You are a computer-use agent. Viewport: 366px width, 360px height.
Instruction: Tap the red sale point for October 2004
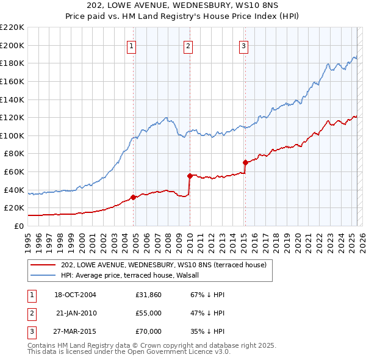pyautogui.click(x=133, y=197)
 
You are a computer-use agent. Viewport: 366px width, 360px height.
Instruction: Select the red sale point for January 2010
pyautogui.click(x=190, y=176)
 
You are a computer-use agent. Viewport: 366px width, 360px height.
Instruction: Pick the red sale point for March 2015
pyautogui.click(x=245, y=162)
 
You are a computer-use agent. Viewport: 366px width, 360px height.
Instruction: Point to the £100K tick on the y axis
pyautogui.click(x=12, y=135)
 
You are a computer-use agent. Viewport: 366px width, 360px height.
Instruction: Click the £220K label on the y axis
pyautogui.click(x=12, y=27)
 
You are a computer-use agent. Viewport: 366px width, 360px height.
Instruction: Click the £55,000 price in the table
pyautogui.click(x=149, y=313)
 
